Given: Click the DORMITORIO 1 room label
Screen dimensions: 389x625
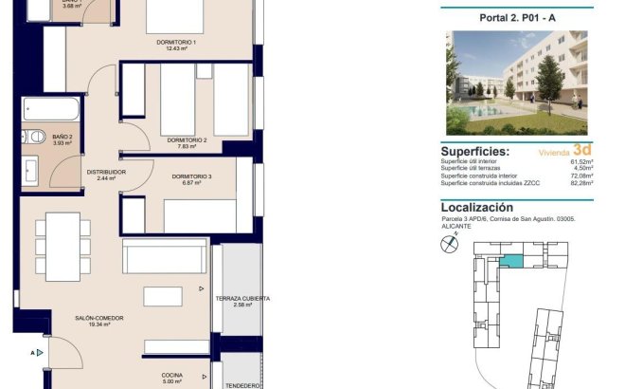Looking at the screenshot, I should pos(176,43).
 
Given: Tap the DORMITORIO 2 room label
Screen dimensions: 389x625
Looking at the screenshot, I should pos(187,140).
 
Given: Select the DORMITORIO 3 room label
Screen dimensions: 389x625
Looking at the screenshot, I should pos(191,177).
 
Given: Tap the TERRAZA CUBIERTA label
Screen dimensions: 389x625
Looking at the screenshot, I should pos(242,301).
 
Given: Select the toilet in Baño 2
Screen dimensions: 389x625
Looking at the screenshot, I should pos(34,138).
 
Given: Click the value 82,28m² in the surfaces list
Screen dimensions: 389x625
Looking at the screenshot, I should pos(580,183).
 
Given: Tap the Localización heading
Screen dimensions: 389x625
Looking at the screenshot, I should pos(477,207).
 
